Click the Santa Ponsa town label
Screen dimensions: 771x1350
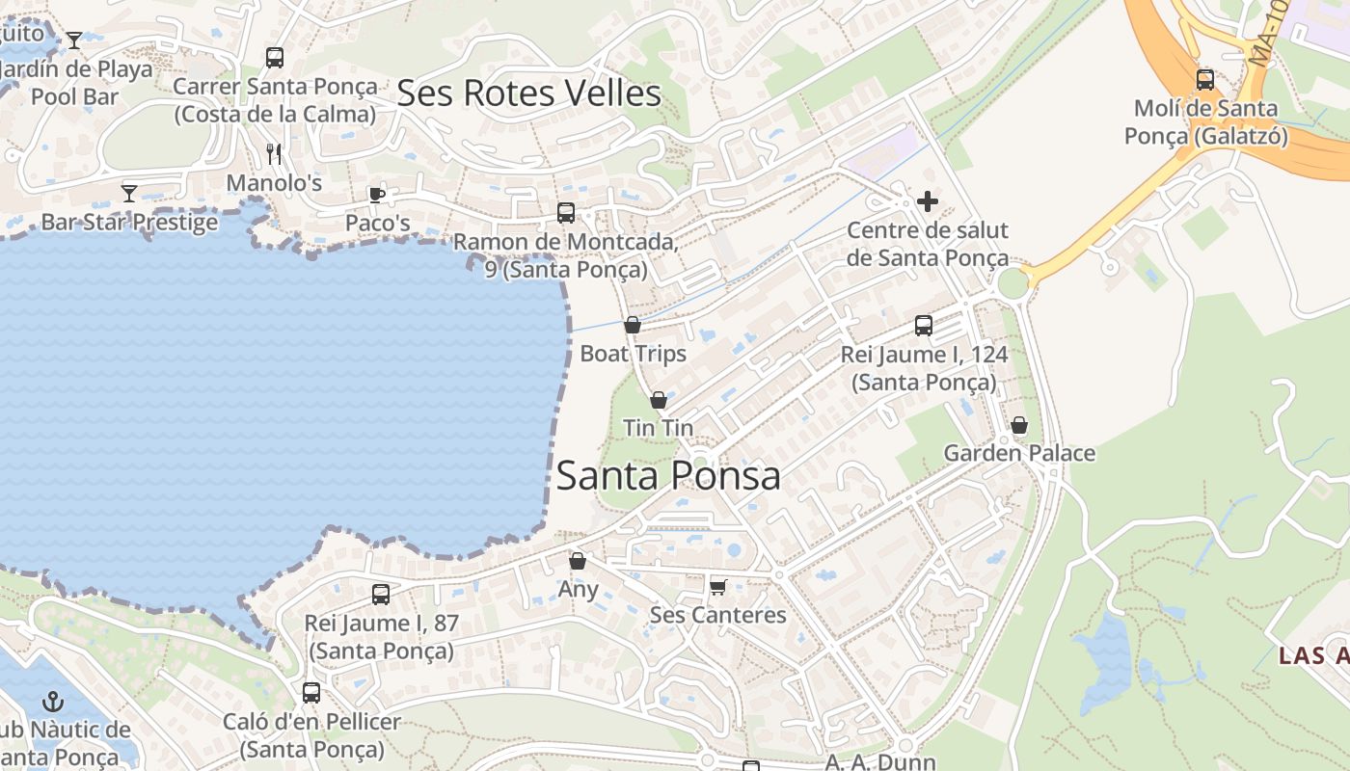point(668,476)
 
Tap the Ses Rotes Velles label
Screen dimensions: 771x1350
point(528,93)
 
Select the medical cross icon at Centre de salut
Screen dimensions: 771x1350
point(928,201)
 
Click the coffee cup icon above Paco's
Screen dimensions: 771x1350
point(377,196)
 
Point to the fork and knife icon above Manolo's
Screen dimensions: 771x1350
point(274,154)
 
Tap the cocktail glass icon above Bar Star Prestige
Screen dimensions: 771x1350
point(128,194)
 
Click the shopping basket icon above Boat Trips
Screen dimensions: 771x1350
point(633,326)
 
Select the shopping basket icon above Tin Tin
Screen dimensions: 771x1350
point(659,400)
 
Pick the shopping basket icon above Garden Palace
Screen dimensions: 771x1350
point(1019,425)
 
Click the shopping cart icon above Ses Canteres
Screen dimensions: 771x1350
point(717,587)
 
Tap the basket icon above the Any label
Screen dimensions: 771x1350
point(578,561)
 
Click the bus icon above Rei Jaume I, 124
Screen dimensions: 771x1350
point(924,326)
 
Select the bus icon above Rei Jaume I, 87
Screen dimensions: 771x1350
point(381,595)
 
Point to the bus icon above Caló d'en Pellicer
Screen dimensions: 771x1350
point(310,692)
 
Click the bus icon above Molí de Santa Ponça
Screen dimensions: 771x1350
point(1204,80)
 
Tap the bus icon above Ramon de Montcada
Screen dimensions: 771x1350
point(566,213)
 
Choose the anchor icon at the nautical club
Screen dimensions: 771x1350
point(53,702)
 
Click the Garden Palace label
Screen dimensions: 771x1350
point(1019,453)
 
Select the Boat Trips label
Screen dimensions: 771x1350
point(633,354)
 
